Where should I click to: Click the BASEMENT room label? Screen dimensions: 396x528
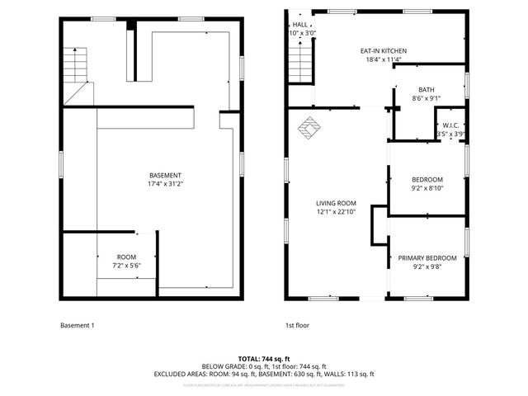point(166,175)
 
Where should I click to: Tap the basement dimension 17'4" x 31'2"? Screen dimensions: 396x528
point(166,184)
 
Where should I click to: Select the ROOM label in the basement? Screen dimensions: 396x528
point(126,257)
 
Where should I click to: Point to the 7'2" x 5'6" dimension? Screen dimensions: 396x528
point(126,266)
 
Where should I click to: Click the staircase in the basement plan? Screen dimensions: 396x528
point(76,62)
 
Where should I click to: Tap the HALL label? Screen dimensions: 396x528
point(300,25)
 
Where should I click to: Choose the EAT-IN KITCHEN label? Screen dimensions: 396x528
point(384,50)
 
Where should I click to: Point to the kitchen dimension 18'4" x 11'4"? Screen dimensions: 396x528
point(384,59)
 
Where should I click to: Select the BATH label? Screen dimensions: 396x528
point(426,90)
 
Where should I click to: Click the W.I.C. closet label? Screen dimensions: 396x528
point(450,125)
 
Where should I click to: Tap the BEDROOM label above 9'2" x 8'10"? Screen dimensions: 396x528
point(427,179)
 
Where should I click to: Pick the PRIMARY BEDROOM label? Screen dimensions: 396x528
point(427,257)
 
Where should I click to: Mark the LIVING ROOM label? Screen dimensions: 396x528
point(336,203)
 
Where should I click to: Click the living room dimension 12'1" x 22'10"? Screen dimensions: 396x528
point(336,212)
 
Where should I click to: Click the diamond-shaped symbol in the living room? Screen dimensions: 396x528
point(310,129)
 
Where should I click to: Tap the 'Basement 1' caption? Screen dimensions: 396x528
point(78,325)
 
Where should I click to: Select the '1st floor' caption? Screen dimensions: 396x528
point(297,325)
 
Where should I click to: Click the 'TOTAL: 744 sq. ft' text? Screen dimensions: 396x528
point(263,358)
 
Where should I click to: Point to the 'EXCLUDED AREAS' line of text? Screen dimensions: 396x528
point(263,373)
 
